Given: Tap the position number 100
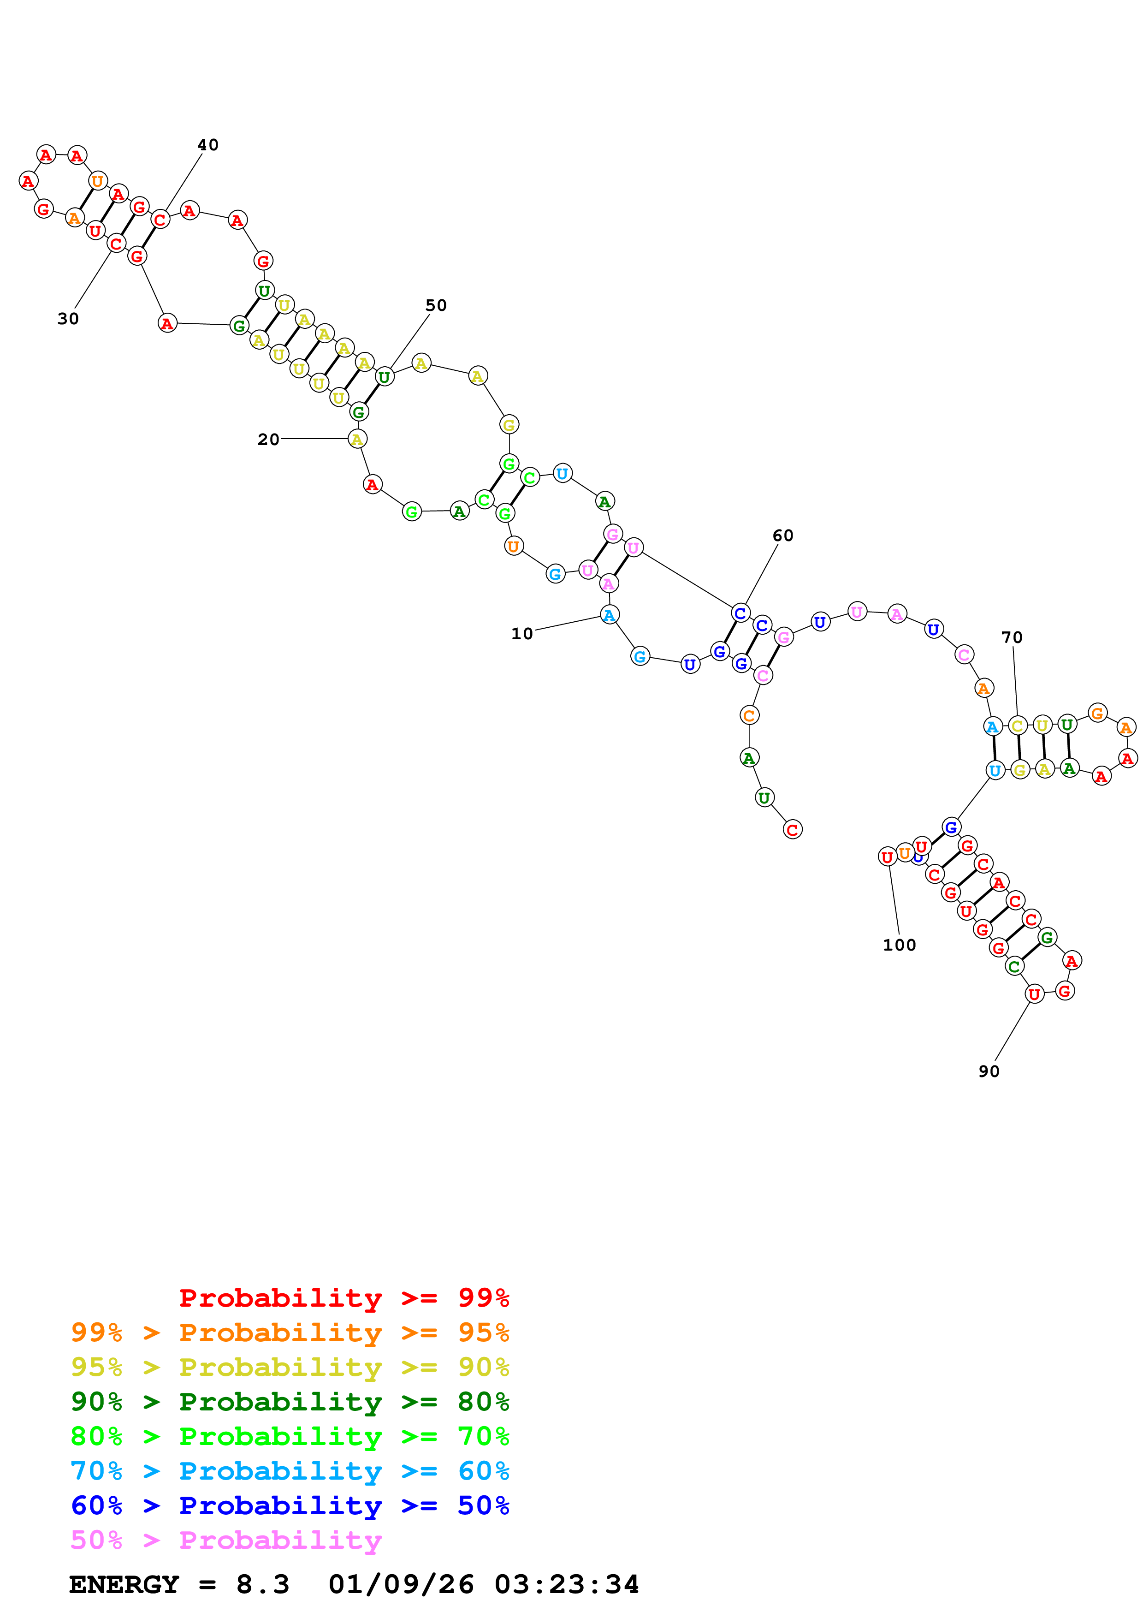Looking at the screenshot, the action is click(900, 945).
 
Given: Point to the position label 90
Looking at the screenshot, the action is click(989, 1071).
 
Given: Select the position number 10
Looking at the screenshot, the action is click(522, 634).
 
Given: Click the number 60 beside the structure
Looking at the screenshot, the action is click(783, 535).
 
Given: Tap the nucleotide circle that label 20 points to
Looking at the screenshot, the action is click(357, 439).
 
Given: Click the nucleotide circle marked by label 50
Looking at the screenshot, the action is click(384, 377).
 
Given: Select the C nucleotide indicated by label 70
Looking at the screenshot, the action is click(1017, 725).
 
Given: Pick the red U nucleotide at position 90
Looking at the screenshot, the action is click(1034, 994).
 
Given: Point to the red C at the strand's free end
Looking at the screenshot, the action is click(792, 829).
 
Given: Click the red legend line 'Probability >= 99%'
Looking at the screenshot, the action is click(344, 1298).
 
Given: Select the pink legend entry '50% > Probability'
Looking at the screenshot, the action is click(226, 1541).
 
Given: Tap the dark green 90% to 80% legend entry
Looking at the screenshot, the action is click(290, 1402).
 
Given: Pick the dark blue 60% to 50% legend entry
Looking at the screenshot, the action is click(290, 1505).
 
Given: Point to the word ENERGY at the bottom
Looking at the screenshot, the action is click(124, 1585).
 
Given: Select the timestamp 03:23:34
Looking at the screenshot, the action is click(567, 1585).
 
